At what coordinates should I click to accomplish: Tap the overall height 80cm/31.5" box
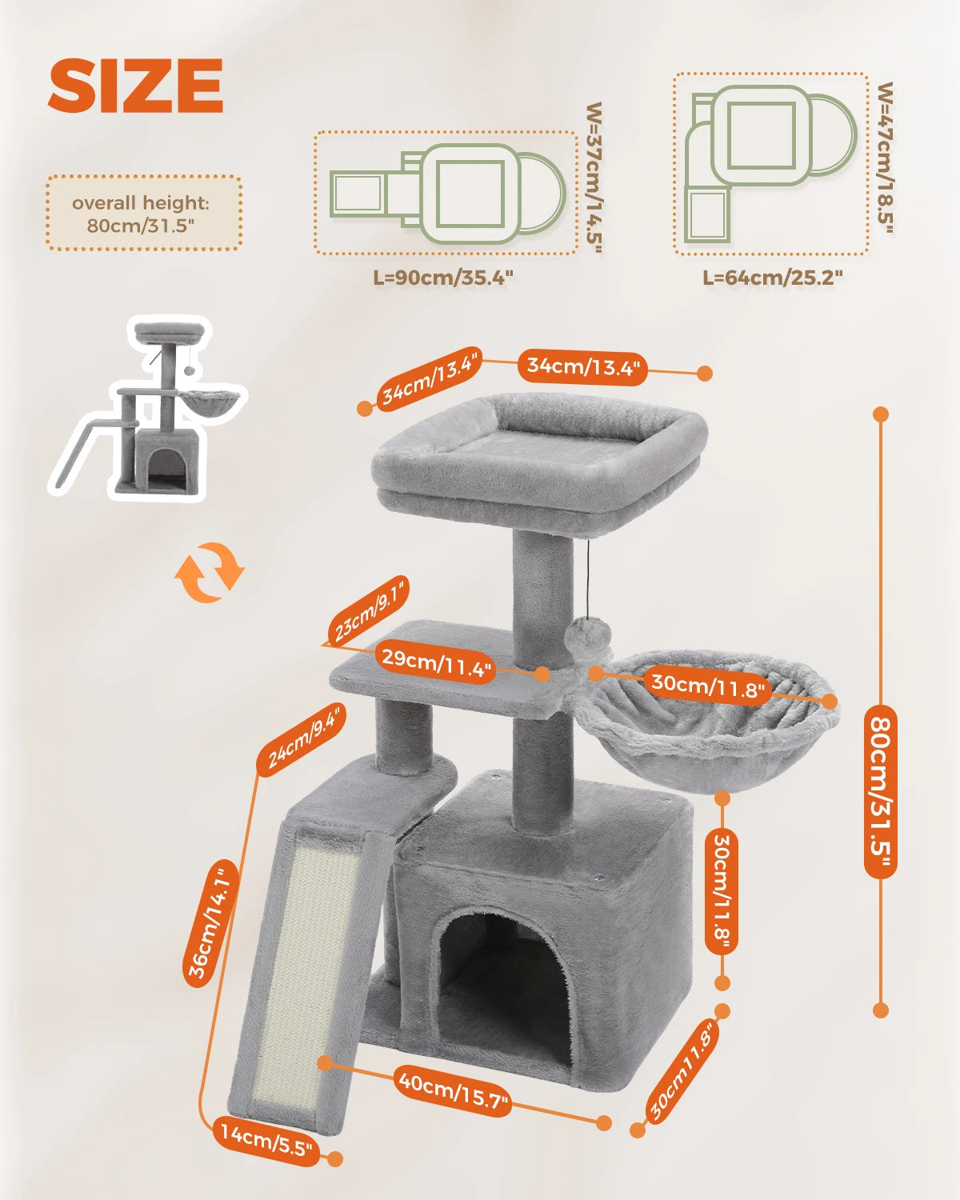tap(144, 214)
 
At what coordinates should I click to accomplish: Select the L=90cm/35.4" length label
tap(442, 278)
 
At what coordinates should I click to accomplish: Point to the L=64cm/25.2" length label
tap(772, 278)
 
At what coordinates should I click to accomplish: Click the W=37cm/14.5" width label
tap(594, 178)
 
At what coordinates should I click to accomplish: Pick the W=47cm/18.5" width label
tap(885, 158)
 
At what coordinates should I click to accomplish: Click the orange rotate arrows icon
tap(209, 572)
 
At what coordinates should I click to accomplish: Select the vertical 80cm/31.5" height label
tap(881, 792)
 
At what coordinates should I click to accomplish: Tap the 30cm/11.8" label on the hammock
tap(708, 686)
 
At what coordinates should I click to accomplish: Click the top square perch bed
tap(540, 452)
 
